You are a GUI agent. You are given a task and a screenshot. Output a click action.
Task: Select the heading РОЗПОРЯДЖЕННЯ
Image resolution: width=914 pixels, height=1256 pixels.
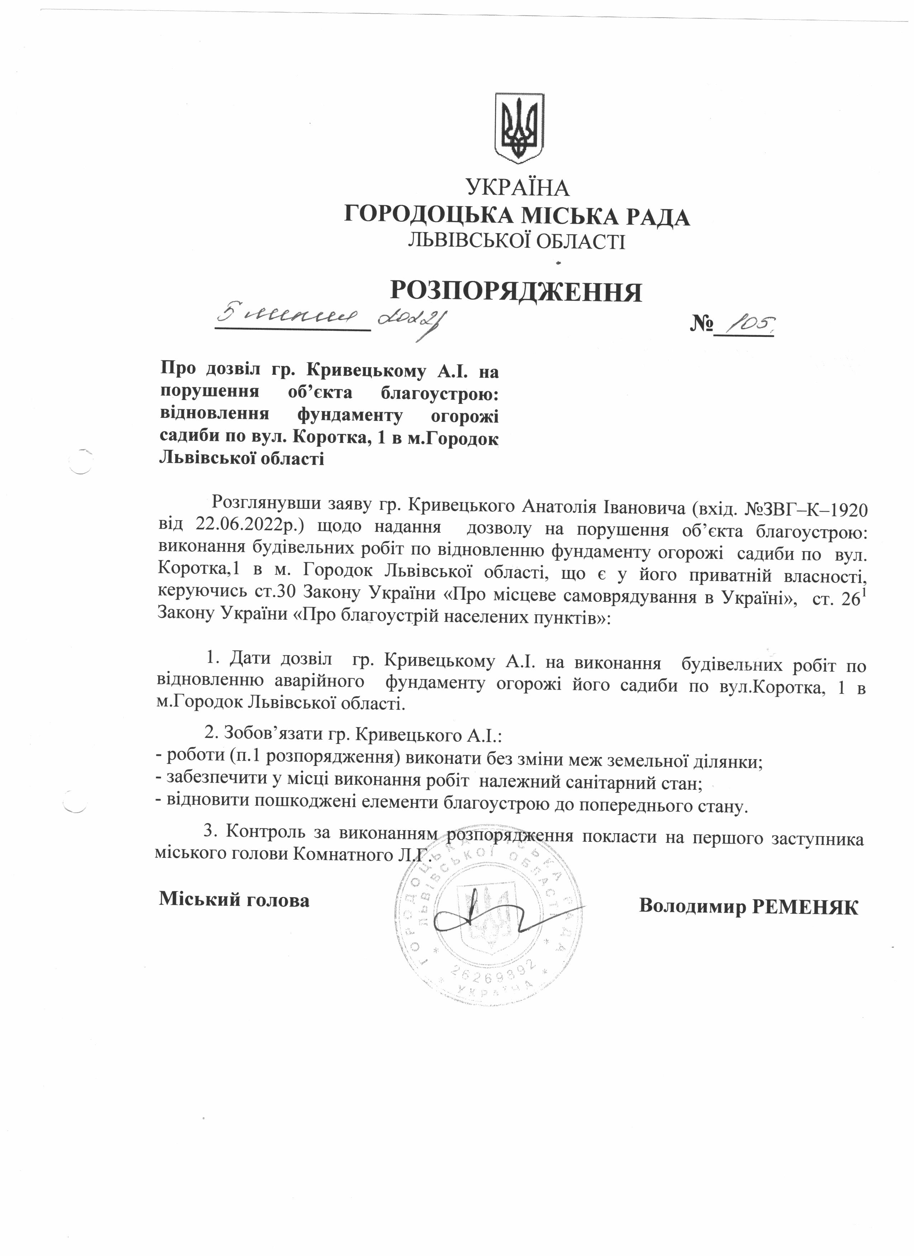[x=516, y=290]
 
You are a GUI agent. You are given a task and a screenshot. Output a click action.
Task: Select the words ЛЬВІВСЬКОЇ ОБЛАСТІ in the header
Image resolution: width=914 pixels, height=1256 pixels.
[x=516, y=241]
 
